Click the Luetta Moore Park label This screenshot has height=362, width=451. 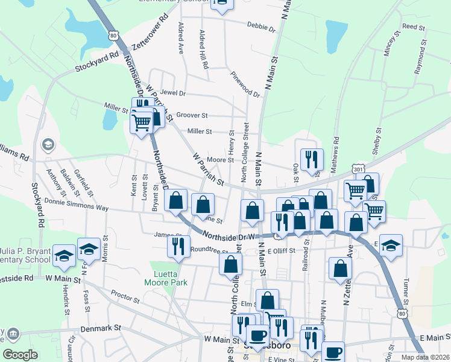click(166, 278)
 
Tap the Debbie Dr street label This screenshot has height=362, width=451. click(261, 27)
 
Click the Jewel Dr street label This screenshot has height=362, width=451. click(174, 94)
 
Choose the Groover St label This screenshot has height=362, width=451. click(191, 115)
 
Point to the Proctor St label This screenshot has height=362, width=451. click(125, 297)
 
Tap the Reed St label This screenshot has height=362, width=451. click(414, 27)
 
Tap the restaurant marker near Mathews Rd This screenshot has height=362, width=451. click(312, 159)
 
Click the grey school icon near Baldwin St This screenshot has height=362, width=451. click(47, 145)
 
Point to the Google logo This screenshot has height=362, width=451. click(20, 354)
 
